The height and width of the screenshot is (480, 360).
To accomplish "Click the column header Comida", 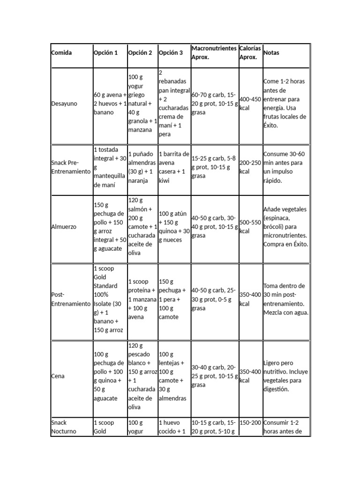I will coord(61,53).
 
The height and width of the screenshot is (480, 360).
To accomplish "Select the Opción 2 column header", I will coord(140,53).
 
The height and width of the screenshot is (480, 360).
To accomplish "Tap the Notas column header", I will coord(271,53).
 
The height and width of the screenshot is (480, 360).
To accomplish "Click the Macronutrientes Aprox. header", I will coord(214,52).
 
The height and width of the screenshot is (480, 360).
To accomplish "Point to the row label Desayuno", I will coord(64,104).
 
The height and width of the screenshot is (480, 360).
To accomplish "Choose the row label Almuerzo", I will coord(63,227).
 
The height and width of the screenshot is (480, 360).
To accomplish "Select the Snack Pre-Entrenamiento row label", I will coord(70,167).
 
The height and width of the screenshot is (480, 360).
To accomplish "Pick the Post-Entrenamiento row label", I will coord(70,299).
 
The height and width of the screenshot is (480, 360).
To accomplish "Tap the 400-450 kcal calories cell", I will coord(250,104).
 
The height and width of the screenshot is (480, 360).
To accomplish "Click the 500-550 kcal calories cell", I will coord(250,227).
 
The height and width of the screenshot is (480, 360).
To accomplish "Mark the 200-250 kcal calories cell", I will coord(250,167).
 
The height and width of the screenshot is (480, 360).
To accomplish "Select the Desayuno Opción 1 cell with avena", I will coord(110,104).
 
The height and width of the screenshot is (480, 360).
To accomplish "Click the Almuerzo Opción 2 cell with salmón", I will coord(142,227).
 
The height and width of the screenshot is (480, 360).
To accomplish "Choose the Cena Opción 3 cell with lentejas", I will coord(173,376).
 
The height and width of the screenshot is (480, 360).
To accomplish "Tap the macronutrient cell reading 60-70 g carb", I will coord(214,104).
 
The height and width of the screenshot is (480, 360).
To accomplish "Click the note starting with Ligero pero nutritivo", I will coord(286,376).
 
